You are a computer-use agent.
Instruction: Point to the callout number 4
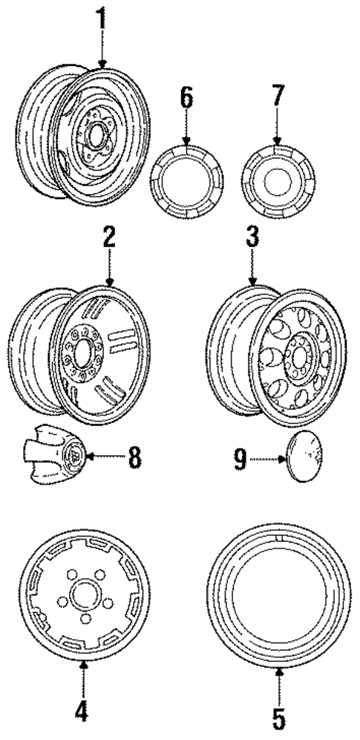click(82, 712)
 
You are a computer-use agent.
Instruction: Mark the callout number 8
click(134, 456)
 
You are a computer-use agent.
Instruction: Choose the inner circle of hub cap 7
click(276, 181)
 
